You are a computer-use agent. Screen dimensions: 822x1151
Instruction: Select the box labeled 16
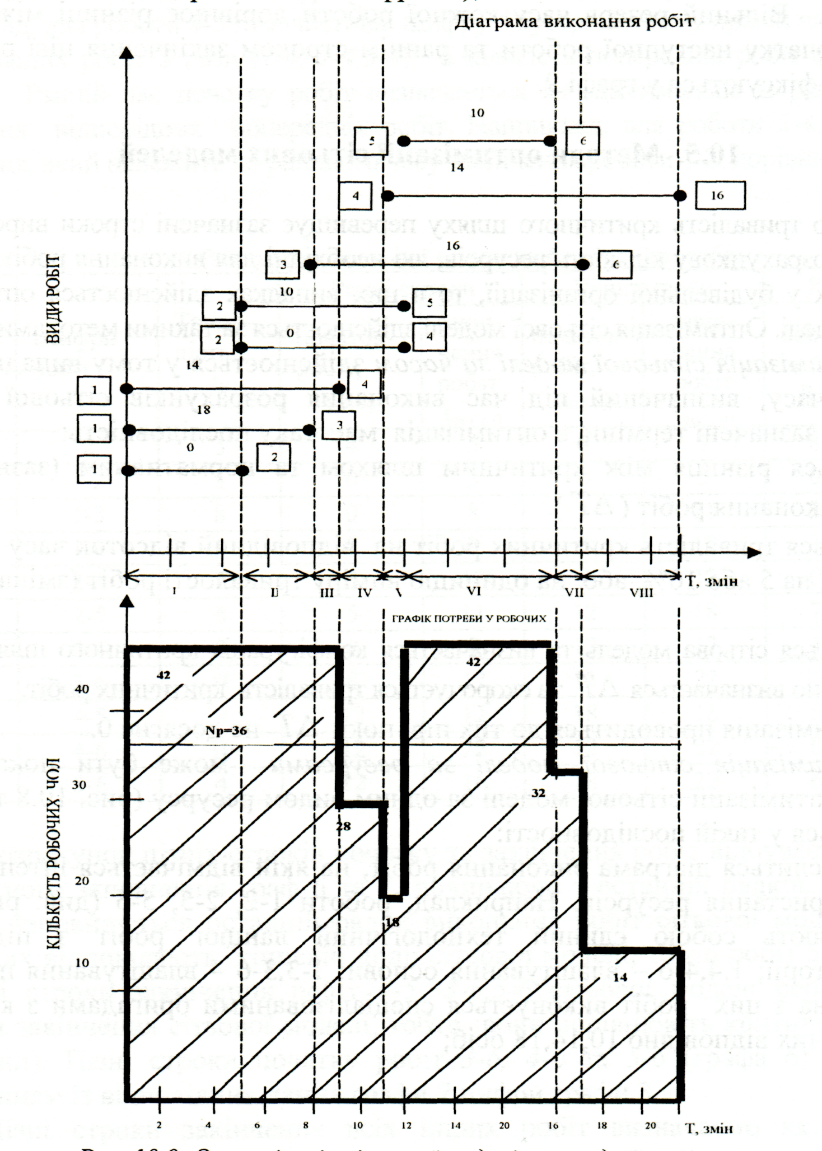[x=720, y=195]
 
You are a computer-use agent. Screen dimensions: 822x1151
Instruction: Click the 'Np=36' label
[x=226, y=731]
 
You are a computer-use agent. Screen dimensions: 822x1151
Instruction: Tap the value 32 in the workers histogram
[x=538, y=793]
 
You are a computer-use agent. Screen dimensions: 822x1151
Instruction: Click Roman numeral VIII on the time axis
[x=641, y=592]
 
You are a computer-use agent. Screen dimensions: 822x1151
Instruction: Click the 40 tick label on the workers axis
[x=82, y=689]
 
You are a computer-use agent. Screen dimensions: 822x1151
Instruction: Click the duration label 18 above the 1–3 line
[x=204, y=410]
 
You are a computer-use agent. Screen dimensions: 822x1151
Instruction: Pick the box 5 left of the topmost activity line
[x=371, y=141]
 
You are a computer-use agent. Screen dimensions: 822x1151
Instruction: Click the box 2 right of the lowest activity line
[x=274, y=457]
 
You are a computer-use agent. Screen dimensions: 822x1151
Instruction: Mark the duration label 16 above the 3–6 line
[x=453, y=245]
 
